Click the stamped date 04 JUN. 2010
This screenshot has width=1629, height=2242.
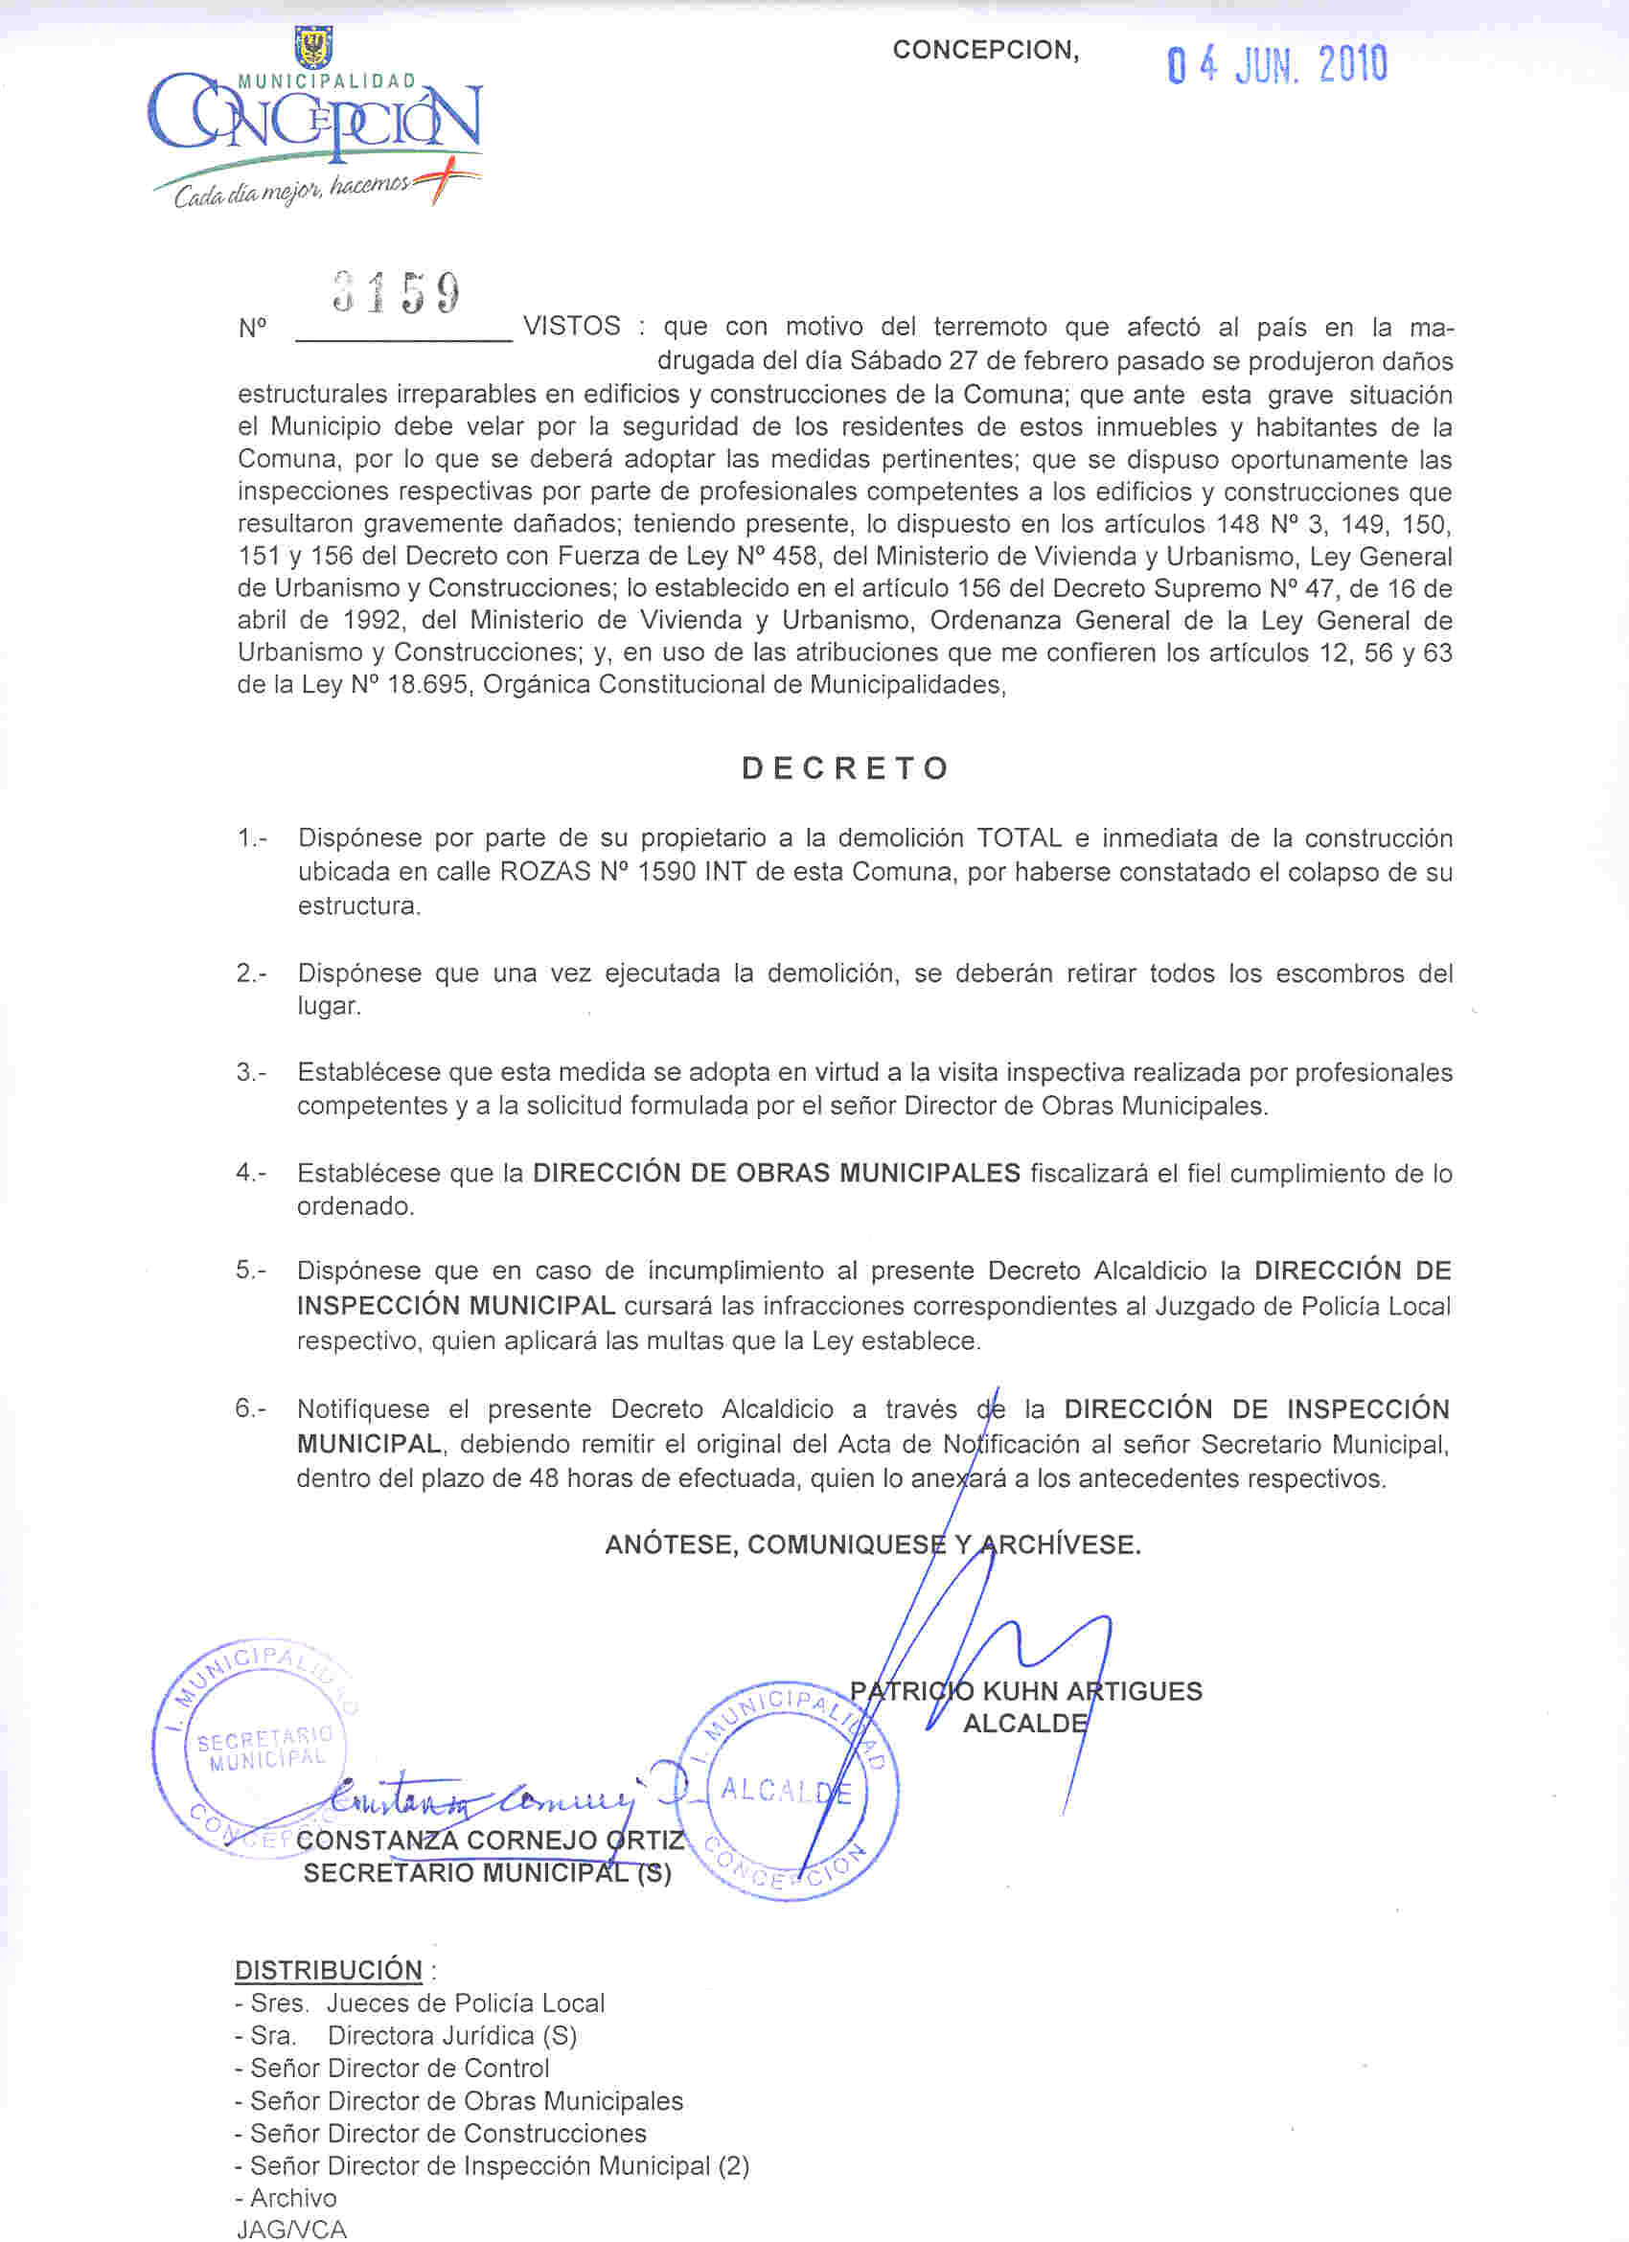pyautogui.click(x=1277, y=65)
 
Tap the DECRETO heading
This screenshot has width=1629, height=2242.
pyautogui.click(x=845, y=768)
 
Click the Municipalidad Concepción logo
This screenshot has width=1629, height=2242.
pyautogui.click(x=315, y=124)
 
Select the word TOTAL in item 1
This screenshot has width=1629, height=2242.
pyautogui.click(x=1020, y=838)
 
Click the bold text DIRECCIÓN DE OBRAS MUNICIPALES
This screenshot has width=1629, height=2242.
pyautogui.click(x=776, y=1174)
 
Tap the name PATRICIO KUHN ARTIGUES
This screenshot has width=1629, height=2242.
pyautogui.click(x=1026, y=1691)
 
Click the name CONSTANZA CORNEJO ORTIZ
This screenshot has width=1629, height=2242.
pyautogui.click(x=491, y=1840)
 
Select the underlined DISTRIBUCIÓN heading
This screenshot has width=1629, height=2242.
pyautogui.click(x=328, y=1970)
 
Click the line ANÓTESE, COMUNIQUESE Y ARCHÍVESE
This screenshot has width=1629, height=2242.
pyautogui.click(x=873, y=1544)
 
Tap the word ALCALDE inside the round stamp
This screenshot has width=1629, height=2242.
pyautogui.click(x=786, y=1790)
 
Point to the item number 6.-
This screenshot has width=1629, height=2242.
pyautogui.click(x=250, y=1408)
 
